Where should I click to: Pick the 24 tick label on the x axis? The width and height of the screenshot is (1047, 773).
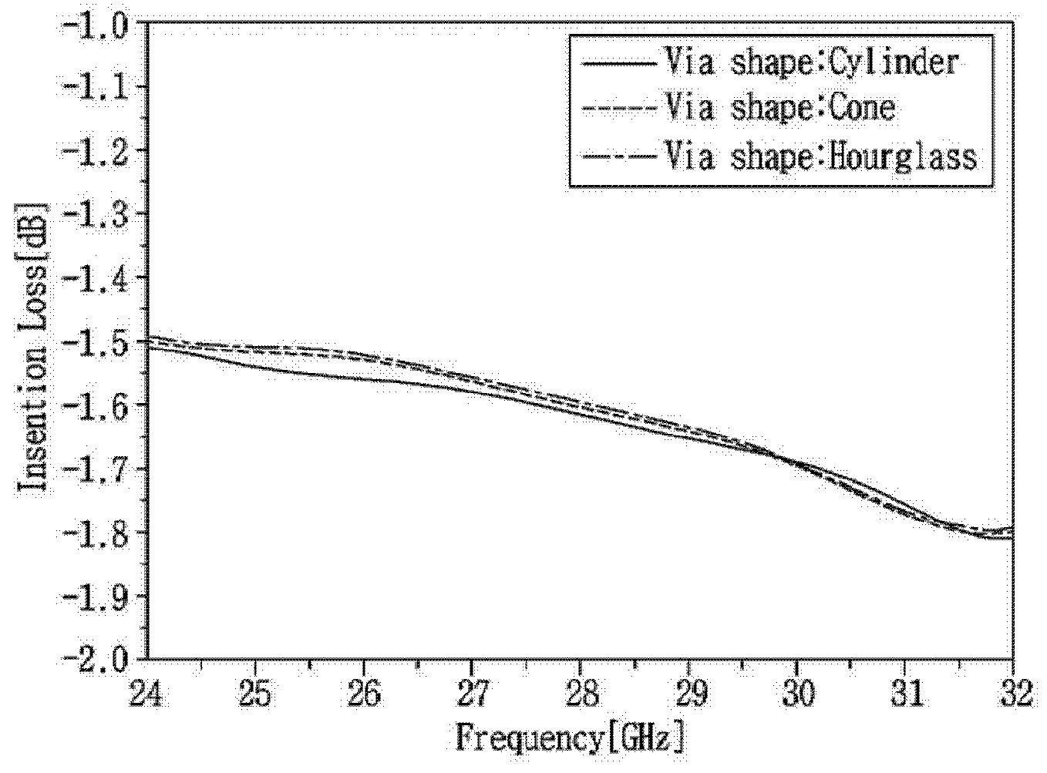146,694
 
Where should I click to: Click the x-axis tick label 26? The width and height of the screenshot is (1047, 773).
363,694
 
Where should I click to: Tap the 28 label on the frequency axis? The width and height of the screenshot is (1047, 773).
580,694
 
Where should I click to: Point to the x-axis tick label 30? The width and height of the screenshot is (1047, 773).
797,694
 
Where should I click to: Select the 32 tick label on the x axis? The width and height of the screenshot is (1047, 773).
1015,694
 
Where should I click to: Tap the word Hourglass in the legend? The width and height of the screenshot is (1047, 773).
901,156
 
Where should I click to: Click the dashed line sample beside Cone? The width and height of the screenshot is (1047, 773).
619,109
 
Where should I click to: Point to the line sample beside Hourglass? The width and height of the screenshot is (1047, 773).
619,156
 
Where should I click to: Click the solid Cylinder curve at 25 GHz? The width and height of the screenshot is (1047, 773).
254,367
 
